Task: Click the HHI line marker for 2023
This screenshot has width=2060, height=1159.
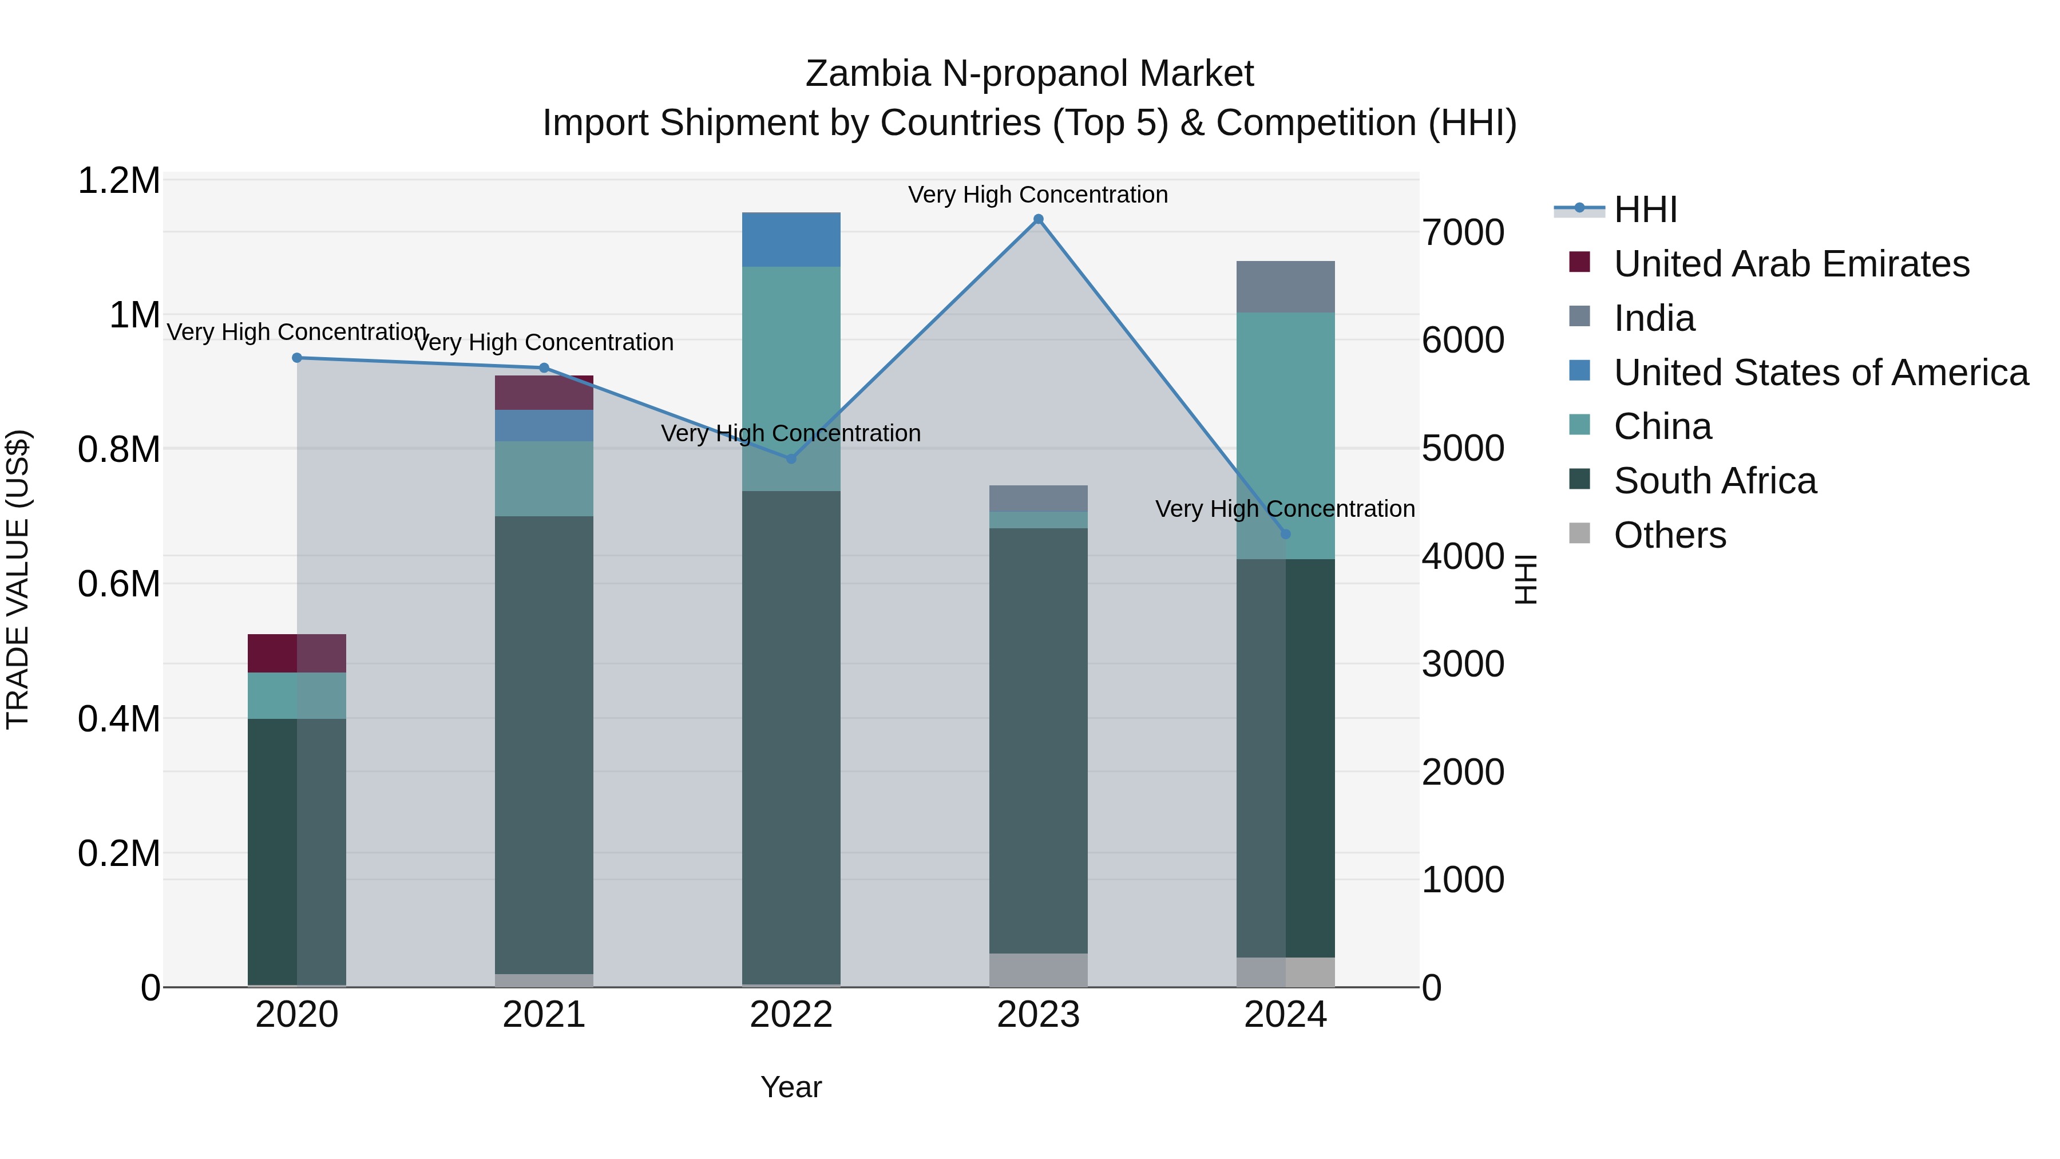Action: point(1038,219)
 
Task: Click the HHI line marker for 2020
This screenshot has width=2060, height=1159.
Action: point(296,358)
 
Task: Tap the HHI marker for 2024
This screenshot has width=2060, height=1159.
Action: point(1285,533)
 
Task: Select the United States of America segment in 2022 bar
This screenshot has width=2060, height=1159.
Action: point(791,239)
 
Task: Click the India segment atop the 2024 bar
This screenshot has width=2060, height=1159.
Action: point(1285,286)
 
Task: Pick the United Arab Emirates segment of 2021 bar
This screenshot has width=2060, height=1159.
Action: point(544,393)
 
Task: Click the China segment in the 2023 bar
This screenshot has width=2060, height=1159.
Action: point(1038,520)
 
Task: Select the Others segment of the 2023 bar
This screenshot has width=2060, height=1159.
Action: point(1038,970)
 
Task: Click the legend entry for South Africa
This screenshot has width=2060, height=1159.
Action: point(1714,481)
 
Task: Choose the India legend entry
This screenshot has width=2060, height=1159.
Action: point(1654,318)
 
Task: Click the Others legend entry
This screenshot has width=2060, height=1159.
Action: point(1669,535)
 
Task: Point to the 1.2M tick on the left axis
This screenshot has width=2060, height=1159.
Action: point(118,181)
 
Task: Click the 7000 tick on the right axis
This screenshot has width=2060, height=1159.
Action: point(1463,233)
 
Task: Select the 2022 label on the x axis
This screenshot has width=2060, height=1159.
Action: point(791,1015)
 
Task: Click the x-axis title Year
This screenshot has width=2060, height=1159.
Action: point(791,1087)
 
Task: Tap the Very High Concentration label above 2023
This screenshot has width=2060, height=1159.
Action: point(1038,195)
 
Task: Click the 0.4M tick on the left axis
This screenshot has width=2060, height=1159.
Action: point(118,719)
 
